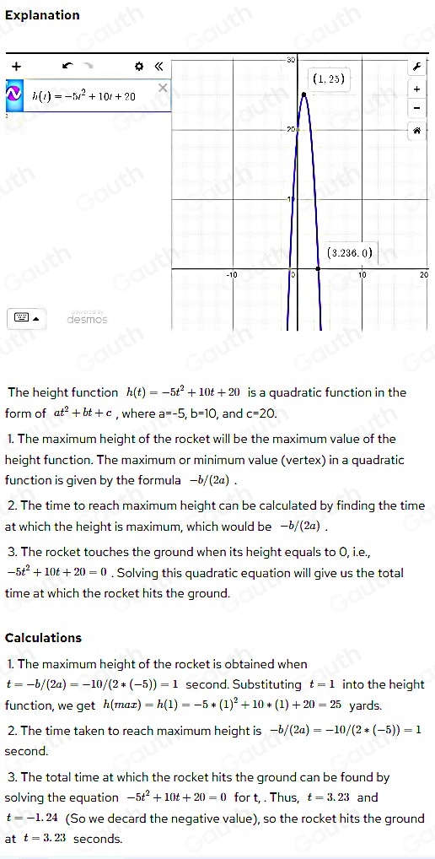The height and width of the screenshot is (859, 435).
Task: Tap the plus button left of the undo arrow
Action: coord(16,64)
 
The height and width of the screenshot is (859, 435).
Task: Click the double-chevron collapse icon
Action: coord(156,65)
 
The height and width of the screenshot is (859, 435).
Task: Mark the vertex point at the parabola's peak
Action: coord(303,93)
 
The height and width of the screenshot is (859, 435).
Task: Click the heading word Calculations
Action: coord(43,638)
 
